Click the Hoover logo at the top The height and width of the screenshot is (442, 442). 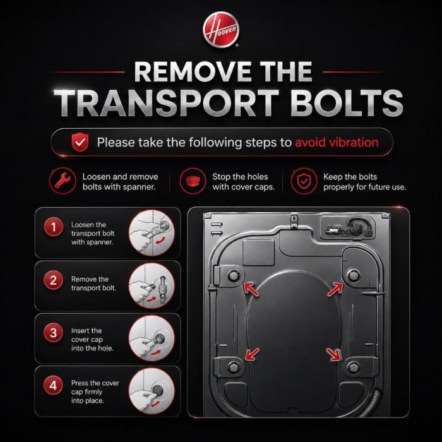click(x=221, y=29)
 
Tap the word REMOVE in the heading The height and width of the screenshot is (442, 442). click(x=193, y=71)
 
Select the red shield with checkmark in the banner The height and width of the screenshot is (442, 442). click(x=80, y=142)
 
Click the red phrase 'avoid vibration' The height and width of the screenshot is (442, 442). click(x=337, y=142)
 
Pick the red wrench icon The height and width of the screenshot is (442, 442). click(x=63, y=181)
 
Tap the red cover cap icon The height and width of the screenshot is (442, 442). click(x=193, y=181)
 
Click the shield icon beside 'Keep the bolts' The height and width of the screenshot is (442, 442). click(x=304, y=181)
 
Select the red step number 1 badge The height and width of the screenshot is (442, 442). click(x=53, y=227)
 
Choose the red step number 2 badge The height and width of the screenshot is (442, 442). click(x=53, y=280)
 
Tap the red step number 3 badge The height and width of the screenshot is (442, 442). click(x=53, y=333)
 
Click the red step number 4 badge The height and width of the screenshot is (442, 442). click(x=53, y=385)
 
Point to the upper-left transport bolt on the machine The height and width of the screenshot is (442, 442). click(x=234, y=275)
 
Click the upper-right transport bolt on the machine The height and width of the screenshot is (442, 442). click(x=354, y=275)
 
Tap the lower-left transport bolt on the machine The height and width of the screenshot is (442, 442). click(x=234, y=367)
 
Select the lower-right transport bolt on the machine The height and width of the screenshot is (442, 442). click(x=353, y=367)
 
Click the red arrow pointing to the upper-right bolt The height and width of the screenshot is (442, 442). click(x=335, y=290)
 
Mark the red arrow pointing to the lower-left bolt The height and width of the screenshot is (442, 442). click(x=252, y=354)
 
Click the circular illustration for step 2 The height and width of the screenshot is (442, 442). click(x=152, y=286)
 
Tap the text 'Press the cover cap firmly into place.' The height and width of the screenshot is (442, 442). click(x=95, y=392)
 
